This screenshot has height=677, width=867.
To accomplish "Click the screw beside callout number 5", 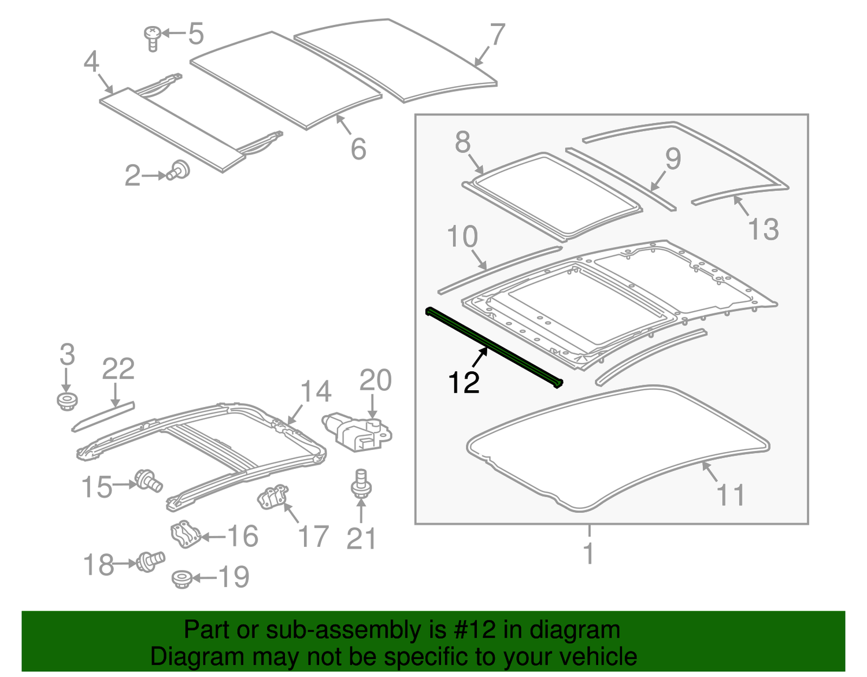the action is (x=152, y=38).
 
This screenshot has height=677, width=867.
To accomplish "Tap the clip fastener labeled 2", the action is (x=178, y=170).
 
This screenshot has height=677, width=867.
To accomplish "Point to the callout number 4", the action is (x=91, y=62).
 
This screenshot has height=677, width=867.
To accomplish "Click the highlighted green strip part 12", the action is (x=494, y=347).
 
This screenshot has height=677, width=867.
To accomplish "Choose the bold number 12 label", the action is (x=464, y=382).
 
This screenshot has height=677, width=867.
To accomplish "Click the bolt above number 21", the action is (x=361, y=484).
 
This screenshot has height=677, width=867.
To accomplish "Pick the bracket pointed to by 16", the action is (x=186, y=534).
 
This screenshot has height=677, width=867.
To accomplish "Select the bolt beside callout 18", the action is (x=150, y=562).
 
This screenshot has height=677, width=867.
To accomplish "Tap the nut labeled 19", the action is (x=182, y=579).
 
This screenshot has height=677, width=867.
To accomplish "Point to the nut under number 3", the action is (x=67, y=401).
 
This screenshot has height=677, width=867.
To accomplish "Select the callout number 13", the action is (x=764, y=230).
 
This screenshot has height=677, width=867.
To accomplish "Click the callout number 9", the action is (x=673, y=158).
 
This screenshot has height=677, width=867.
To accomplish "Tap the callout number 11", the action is (x=731, y=495).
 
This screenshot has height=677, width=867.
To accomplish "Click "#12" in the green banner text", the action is (x=471, y=630).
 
